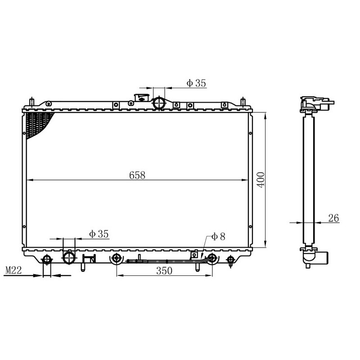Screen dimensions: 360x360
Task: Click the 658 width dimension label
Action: pyautogui.click(x=137, y=175)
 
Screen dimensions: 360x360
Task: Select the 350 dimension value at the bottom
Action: pyautogui.click(x=164, y=271)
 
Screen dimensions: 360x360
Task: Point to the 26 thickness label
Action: pyautogui.click(x=333, y=218)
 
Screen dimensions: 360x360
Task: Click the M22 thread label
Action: pyautogui.click(x=13, y=270)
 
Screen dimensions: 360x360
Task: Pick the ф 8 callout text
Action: pyautogui.click(x=218, y=237)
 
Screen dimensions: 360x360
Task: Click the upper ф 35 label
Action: pyautogui.click(x=196, y=83)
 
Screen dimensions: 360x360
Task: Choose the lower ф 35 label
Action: pyautogui.click(x=99, y=234)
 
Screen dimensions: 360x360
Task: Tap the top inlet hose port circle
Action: pyautogui.click(x=159, y=103)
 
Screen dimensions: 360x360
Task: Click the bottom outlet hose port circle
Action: pyautogui.click(x=69, y=257)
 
